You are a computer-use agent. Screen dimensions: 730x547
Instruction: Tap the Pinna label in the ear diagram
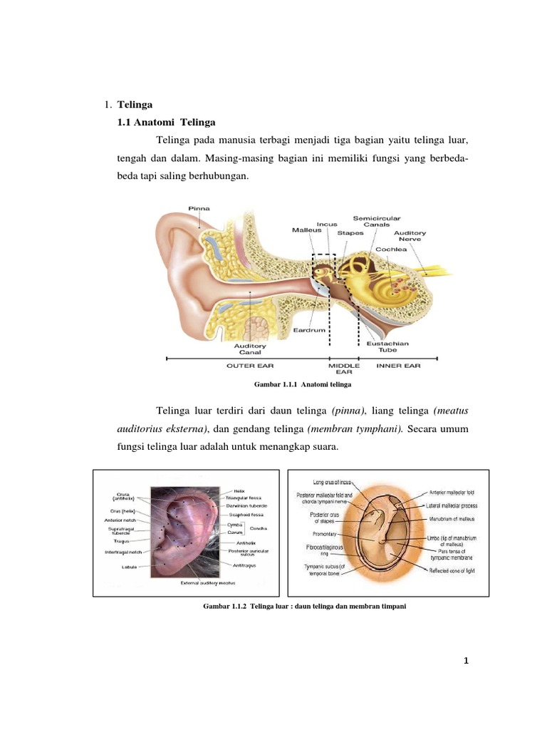199,208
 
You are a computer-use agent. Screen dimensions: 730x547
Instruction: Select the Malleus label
306,230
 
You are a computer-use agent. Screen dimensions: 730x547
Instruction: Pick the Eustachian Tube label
387,346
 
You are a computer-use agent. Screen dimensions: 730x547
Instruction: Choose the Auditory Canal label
250,351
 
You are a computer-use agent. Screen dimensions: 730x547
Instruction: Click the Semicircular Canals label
377,221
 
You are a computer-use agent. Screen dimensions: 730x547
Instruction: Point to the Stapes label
350,232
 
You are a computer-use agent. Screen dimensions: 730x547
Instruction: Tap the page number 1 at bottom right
466,662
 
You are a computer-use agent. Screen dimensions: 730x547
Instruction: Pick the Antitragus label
244,565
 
